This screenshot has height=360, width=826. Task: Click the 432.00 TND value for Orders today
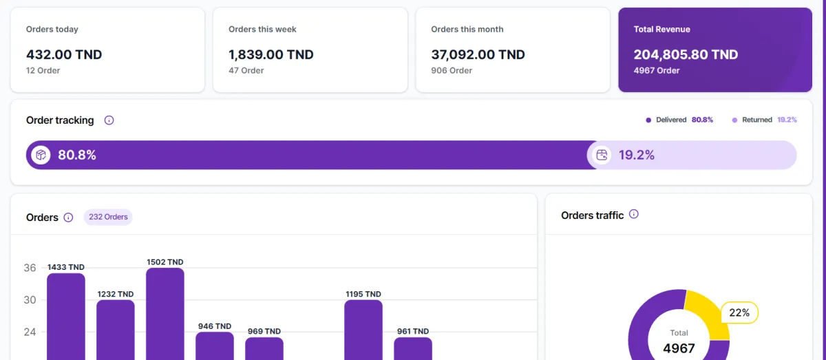64,55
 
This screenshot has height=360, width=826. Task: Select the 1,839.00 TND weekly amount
271,55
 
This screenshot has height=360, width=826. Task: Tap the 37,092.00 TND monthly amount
478,55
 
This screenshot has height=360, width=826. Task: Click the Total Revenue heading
661,30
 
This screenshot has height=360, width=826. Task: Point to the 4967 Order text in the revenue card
657,71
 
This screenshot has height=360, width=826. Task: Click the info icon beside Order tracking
109,120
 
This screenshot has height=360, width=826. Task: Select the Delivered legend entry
679,120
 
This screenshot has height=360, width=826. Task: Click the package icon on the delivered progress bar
41,155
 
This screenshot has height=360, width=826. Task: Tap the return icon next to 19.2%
602,155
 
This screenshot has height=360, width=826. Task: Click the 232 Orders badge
108,217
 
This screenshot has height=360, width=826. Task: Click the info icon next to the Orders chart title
68,218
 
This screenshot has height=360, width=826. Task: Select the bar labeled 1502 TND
165,313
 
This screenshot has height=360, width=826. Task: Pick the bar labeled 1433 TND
66,317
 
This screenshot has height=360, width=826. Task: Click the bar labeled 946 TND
215,346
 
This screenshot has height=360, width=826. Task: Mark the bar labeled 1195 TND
363,329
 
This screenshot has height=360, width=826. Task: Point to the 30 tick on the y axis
30,300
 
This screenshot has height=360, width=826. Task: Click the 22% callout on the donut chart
739,313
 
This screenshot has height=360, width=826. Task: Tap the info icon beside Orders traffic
634,214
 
